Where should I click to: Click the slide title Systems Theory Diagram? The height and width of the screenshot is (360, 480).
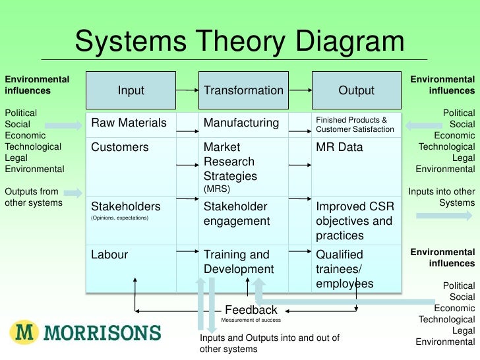(x=239, y=42)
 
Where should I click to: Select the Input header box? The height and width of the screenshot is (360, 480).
(x=131, y=90)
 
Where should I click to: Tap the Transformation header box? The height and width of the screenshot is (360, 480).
(x=243, y=90)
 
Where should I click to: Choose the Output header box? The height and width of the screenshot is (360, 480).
(x=356, y=90)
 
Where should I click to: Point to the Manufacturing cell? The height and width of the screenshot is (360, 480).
(x=241, y=123)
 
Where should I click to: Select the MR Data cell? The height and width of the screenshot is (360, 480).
(x=340, y=147)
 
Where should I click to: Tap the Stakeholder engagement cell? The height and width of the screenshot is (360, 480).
(x=237, y=214)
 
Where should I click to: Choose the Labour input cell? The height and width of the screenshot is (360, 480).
(x=109, y=255)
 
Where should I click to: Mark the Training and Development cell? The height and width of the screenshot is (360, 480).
(x=238, y=262)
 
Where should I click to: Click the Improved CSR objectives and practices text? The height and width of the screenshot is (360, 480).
(x=354, y=221)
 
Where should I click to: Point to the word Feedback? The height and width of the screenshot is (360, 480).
(x=251, y=310)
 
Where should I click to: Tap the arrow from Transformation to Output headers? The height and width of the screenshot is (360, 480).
(x=300, y=90)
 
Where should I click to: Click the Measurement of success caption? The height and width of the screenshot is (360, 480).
(x=251, y=320)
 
